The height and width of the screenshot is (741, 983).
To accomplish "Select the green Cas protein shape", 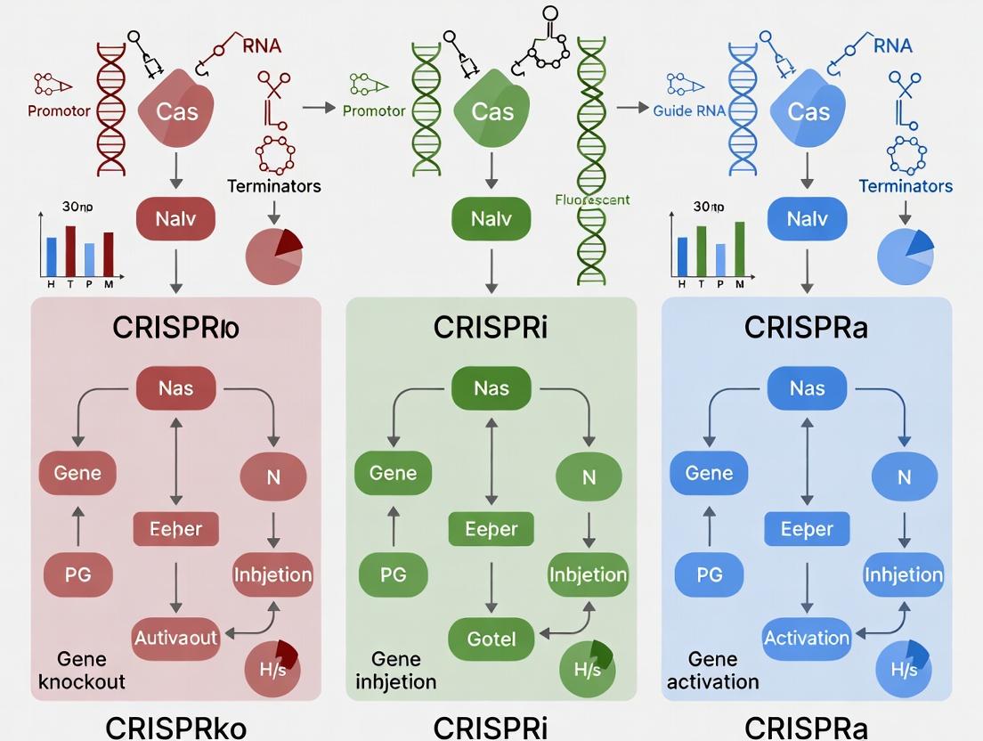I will coord(491,112).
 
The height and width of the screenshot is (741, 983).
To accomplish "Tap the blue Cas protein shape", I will coord(808,112).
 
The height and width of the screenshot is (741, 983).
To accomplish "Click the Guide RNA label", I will coord(692,111).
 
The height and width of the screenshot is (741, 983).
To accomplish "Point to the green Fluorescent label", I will coord(592,199).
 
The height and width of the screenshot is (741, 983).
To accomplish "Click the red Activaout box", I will coord(175,638).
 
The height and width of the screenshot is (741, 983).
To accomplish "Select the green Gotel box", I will coord(491,638).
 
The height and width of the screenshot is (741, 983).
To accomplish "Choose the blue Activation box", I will coord(807,638).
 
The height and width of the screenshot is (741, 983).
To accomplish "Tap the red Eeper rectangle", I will coord(175,529).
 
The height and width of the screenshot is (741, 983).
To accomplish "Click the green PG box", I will coord(393,575).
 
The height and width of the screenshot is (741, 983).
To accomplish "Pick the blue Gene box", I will coord(709,473).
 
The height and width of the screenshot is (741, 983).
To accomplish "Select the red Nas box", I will coord(175,388).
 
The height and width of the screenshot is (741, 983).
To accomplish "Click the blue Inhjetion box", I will coord(904,574).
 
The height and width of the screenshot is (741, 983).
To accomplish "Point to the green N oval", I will coord(589,477).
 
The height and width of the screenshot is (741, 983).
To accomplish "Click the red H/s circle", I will coord(272,669).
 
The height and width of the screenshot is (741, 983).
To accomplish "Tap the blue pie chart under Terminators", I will coord(905,256).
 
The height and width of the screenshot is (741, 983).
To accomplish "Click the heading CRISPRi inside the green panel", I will coord(491,328).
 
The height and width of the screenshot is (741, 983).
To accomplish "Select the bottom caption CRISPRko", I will coord(175,726).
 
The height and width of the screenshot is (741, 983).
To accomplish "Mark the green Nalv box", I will coord(491,219).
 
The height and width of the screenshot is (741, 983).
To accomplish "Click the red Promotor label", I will coord(59,111).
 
